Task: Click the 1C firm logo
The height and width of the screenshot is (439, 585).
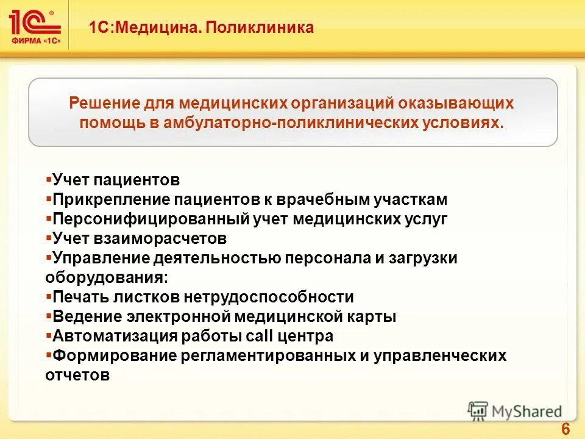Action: (x=35, y=24)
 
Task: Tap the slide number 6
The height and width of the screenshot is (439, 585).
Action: (x=565, y=429)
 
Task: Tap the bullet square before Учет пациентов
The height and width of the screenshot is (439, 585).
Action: (x=49, y=179)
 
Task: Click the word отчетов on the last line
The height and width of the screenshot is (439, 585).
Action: (x=77, y=375)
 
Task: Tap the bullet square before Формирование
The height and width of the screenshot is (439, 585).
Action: (x=49, y=354)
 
